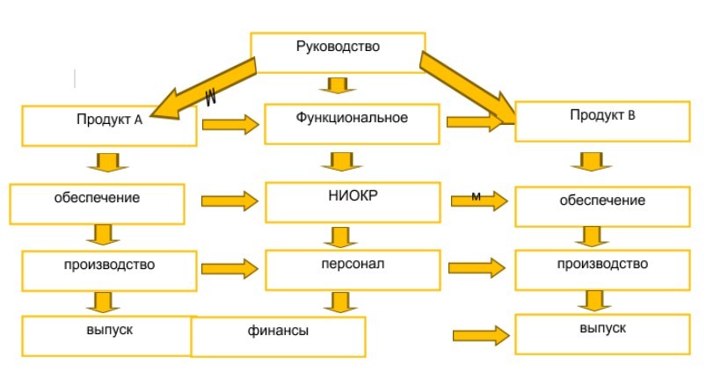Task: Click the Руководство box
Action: coord(338,52)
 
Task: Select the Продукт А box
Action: coord(109,126)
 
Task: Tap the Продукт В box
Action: coord(602,121)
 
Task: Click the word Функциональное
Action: coord(352,118)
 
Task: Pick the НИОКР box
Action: coord(353,202)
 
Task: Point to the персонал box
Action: coord(353,270)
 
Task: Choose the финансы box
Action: coord(278,337)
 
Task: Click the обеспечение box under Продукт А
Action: coord(97,204)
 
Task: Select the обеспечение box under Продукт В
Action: coord(602,207)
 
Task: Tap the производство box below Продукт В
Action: coord(602,270)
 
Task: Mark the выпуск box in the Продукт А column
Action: coord(109,336)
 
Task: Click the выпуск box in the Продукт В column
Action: coord(602,334)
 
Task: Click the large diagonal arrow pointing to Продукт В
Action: coord(469,87)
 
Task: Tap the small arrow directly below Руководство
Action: coord(338,85)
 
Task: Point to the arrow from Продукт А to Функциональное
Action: coord(231,124)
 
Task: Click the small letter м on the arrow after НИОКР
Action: coord(476,196)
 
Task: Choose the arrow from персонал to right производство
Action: coord(477,268)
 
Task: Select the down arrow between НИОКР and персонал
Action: coord(341,237)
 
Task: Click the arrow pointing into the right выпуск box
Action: coord(481,335)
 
